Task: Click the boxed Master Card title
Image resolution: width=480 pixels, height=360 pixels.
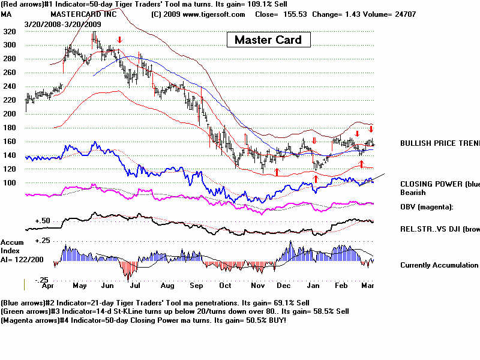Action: click(x=268, y=40)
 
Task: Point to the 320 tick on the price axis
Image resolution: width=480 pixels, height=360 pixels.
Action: click(x=8, y=32)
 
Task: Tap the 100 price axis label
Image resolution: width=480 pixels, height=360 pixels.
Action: click(x=8, y=182)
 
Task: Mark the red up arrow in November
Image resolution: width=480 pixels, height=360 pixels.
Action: click(x=277, y=172)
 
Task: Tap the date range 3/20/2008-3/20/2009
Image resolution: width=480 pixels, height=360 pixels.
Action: click(x=63, y=23)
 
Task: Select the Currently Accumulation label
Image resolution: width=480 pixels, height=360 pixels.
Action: click(x=439, y=265)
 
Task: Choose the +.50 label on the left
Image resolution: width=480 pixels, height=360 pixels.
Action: click(x=41, y=221)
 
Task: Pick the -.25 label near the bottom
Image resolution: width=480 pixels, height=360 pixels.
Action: click(x=41, y=280)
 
